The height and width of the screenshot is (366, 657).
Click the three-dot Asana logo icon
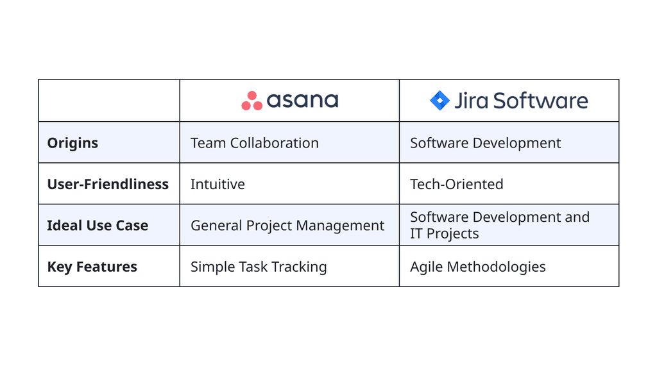click(x=252, y=101)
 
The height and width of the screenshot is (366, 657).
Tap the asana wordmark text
click(x=302, y=101)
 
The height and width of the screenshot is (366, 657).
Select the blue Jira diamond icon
click(x=439, y=101)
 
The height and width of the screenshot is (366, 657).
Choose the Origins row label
click(x=73, y=143)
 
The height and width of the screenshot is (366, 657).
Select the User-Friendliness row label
click(x=108, y=185)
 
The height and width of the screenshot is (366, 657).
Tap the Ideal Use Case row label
click(x=98, y=226)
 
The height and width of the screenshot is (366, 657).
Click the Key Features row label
click(x=92, y=267)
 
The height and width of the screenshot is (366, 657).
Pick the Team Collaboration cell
click(x=254, y=143)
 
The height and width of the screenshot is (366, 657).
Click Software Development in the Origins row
click(x=485, y=143)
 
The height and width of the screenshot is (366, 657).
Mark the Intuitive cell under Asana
click(x=218, y=185)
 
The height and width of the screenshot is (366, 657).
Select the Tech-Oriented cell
click(x=456, y=185)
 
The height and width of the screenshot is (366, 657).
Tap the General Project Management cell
click(x=287, y=226)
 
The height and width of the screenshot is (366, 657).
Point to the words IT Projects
click(x=444, y=234)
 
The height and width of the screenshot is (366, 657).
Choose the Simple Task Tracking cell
click(x=259, y=267)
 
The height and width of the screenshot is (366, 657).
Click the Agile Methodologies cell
click(x=477, y=267)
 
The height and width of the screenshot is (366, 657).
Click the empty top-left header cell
click(x=109, y=101)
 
